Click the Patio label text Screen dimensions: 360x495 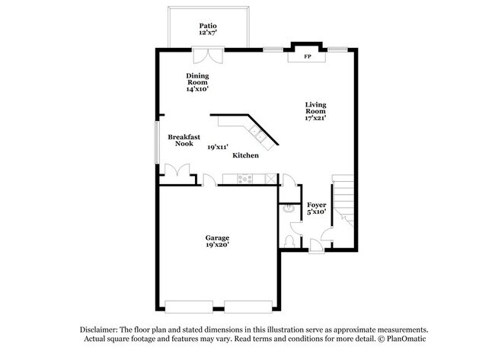208,25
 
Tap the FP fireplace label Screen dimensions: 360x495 308,56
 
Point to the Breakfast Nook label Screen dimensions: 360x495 184,140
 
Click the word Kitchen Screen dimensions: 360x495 246,155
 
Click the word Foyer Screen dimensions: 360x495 317,205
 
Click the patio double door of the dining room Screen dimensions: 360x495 207,56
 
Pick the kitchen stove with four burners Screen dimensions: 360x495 245,179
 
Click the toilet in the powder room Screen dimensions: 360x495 288,239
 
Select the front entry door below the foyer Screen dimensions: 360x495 315,244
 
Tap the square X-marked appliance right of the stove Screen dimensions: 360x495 270,179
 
